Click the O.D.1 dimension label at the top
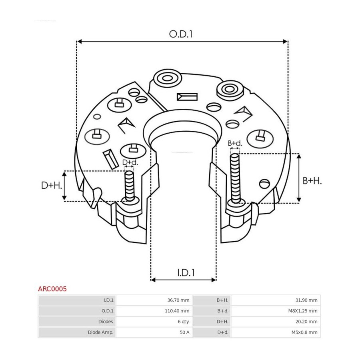tap(181, 34)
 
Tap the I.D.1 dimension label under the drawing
tap(186, 272)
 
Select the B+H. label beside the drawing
tap(312, 181)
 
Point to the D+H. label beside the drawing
tap(52, 185)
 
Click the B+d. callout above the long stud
tap(235, 143)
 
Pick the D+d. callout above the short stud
tap(130, 162)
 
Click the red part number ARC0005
tap(52, 289)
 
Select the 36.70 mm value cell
tap(178, 300)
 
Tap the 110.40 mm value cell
tap(177, 311)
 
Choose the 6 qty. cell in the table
tap(184, 322)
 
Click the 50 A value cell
tap(184, 332)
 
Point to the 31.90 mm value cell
tap(306, 300)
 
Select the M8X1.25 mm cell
tap(303, 311)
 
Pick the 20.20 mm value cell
tap(306, 322)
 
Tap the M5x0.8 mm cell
tap(304, 332)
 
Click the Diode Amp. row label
tap(100, 332)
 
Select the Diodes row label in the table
tap(106, 322)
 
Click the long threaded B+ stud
tap(235, 179)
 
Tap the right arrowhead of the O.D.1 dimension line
tap(285, 42)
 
